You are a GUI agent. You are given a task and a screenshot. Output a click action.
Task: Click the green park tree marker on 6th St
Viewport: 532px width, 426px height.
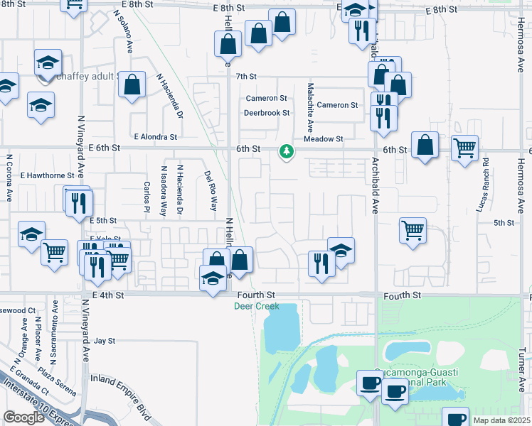(x=287, y=151)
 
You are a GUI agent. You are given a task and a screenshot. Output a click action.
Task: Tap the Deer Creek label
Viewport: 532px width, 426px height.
(x=257, y=307)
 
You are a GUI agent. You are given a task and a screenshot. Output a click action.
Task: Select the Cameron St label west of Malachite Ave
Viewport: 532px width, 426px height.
(x=266, y=98)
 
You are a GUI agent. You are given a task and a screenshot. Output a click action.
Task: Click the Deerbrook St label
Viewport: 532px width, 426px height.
(x=267, y=113)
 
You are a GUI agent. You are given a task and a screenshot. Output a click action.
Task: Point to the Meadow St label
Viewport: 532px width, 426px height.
(x=323, y=139)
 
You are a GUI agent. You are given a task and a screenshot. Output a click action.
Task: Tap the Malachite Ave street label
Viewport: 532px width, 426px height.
(x=310, y=107)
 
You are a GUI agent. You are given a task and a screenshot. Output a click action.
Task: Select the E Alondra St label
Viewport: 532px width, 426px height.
(x=155, y=137)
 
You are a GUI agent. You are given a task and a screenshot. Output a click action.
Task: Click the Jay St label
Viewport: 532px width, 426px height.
(x=105, y=341)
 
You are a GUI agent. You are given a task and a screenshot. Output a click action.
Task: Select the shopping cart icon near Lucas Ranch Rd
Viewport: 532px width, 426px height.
(x=465, y=149)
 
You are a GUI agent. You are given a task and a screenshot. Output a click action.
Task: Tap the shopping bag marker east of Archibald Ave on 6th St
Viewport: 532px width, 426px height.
(x=425, y=146)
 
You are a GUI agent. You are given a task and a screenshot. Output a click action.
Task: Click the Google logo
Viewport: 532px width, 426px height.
(x=23, y=417)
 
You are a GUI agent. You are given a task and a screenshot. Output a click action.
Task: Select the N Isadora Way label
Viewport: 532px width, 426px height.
(x=164, y=191)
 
